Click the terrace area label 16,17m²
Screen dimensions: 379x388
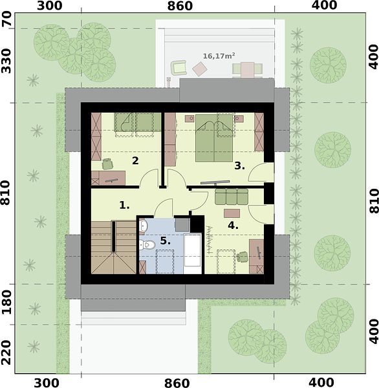point(219,56)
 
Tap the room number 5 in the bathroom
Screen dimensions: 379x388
point(165,241)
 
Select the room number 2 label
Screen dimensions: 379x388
point(135,160)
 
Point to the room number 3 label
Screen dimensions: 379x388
point(239,166)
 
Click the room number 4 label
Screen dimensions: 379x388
point(233,225)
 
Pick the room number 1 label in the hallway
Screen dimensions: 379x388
point(124,205)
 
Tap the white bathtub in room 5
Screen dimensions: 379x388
point(192,253)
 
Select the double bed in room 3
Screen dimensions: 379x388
point(214,138)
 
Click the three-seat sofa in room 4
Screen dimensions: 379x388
point(232,197)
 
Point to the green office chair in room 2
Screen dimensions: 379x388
point(107,164)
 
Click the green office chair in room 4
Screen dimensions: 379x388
point(242,257)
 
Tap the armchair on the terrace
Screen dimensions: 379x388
point(179,67)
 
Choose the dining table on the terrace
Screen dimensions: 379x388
point(248,70)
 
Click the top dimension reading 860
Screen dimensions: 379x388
point(180,6)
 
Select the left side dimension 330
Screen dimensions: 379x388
point(6,61)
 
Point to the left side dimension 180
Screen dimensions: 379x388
point(6,303)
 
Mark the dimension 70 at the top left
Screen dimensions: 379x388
point(6,19)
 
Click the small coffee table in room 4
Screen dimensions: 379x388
point(232,213)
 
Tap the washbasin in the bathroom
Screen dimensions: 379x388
point(144,226)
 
